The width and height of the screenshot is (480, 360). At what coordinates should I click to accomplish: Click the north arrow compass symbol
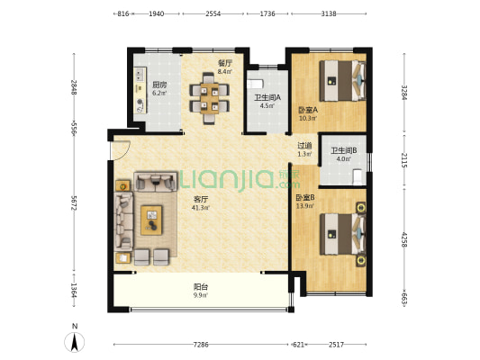click(x=75, y=341)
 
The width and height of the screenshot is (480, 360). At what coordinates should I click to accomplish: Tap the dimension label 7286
click(x=201, y=345)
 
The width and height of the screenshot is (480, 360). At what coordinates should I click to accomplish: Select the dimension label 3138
click(x=329, y=13)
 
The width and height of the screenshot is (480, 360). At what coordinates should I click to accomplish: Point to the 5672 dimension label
click(x=74, y=203)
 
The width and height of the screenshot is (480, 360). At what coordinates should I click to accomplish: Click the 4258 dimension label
click(x=404, y=239)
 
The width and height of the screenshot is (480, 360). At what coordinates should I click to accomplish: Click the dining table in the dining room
click(x=209, y=98)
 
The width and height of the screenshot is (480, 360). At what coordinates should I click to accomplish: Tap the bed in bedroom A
click(x=342, y=81)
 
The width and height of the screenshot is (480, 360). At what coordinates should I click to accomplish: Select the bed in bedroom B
click(x=342, y=234)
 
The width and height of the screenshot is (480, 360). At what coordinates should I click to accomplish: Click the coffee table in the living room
click(x=151, y=220)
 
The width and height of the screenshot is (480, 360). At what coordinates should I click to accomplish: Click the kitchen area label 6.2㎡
click(x=159, y=93)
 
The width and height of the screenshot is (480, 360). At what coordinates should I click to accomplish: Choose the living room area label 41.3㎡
click(x=201, y=208)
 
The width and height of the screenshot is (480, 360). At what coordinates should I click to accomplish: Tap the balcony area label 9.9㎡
click(x=201, y=295)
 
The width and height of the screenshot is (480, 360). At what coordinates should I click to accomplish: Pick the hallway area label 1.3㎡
click(x=304, y=154)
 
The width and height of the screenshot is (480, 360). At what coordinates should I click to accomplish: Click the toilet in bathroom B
click(x=358, y=177)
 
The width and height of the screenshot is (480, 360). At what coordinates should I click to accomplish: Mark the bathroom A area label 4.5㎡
click(x=267, y=106)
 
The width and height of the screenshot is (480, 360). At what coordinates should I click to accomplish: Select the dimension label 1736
click(x=267, y=13)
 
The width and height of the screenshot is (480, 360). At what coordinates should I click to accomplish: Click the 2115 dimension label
click(x=404, y=160)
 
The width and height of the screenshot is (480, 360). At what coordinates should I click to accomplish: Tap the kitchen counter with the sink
click(x=140, y=90)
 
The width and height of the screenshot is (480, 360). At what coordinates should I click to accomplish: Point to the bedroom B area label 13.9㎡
click(x=305, y=206)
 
